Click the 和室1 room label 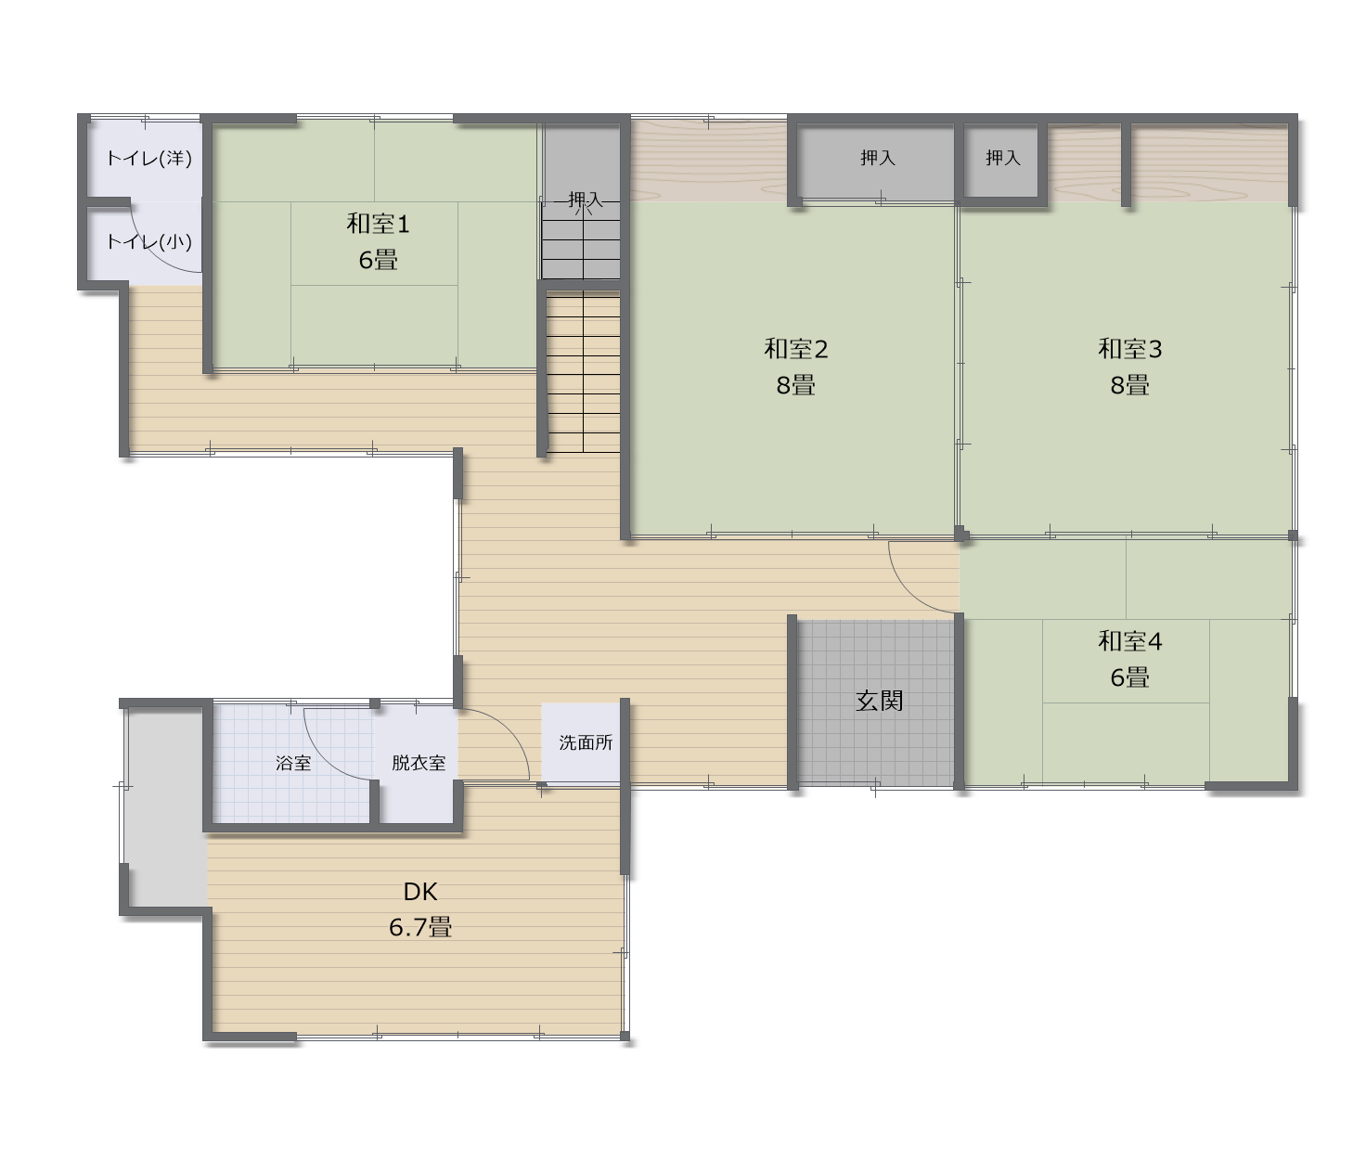378,224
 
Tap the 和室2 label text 795,349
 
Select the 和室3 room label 1129,349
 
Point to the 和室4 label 1129,641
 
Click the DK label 420,893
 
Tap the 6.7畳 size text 420,928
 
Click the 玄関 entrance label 879,701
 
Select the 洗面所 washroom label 586,743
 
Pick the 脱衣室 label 419,764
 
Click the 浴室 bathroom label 293,764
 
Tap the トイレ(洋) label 148,159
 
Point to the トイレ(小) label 148,242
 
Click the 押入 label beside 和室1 586,199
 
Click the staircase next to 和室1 583,371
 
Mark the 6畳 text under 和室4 1129,677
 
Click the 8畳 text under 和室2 795,385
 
